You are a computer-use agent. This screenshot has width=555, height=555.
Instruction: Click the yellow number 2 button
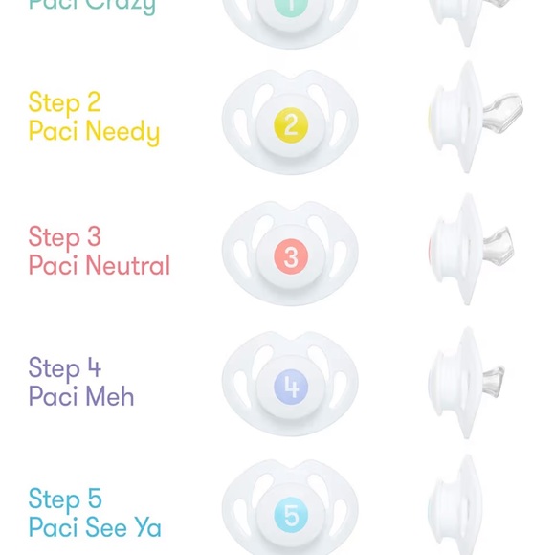(291, 124)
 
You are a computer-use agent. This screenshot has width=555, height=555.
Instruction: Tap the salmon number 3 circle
(291, 256)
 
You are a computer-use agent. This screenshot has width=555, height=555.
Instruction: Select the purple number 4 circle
(291, 388)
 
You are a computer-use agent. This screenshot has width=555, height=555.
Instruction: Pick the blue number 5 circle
(291, 517)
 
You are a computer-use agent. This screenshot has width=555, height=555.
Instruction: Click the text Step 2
(64, 102)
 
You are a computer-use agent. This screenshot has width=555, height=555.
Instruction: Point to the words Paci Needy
(94, 132)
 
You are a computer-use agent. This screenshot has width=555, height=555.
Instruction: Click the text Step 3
(64, 236)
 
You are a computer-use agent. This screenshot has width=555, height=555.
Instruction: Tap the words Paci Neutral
(99, 265)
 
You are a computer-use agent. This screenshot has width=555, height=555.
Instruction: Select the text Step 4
(64, 368)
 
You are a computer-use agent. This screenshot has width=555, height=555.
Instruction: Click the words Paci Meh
(81, 396)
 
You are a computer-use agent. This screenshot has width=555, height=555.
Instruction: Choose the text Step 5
(64, 499)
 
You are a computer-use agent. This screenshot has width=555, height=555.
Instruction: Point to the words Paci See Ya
(95, 527)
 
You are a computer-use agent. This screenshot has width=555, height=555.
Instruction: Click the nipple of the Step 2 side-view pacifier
(502, 112)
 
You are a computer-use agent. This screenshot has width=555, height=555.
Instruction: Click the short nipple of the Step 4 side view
(492, 377)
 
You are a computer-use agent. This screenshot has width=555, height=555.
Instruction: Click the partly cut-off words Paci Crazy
(92, 6)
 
